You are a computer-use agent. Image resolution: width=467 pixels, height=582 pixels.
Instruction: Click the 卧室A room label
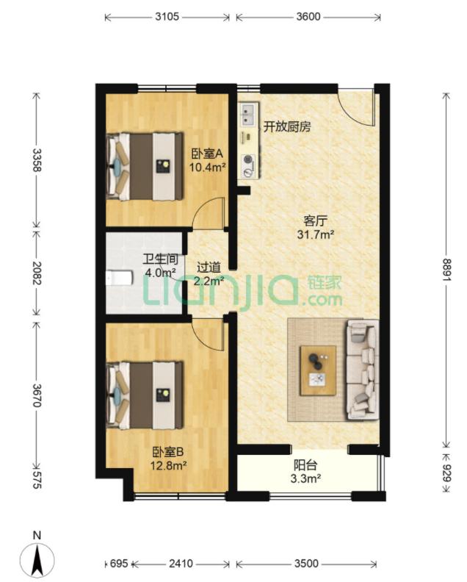207,153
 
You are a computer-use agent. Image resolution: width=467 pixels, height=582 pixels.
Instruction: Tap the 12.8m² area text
168,465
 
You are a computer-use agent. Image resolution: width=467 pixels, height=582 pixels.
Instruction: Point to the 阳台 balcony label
305,465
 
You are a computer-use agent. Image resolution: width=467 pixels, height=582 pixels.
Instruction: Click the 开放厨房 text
286,127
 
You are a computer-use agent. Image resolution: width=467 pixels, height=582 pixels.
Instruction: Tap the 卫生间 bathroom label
161,259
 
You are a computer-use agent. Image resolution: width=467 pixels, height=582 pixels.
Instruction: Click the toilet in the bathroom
119,278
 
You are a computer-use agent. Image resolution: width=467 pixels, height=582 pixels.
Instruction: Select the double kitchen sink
247,114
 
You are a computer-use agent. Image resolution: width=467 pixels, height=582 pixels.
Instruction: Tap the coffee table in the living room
318,370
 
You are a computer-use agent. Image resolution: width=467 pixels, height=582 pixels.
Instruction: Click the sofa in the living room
363,370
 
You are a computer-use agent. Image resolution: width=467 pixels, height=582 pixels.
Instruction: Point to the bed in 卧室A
145,166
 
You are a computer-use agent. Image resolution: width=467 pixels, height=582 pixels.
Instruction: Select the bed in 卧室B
145,395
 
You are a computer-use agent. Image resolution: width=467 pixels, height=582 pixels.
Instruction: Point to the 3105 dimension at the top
167,17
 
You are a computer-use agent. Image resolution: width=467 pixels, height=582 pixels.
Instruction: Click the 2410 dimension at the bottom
181,564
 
